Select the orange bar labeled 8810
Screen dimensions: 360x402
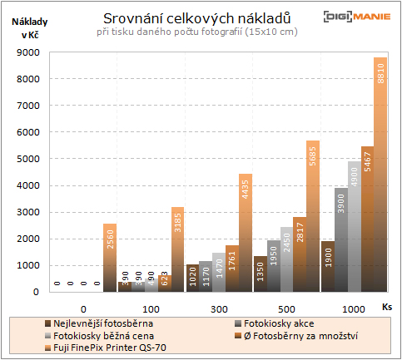pyautogui.click(x=380, y=175)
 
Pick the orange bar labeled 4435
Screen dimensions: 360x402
pyautogui.click(x=246, y=233)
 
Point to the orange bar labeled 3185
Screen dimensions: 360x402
pyautogui.click(x=178, y=249)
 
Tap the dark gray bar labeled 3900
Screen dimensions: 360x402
pyautogui.click(x=340, y=239)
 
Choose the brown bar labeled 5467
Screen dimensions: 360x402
pyautogui.click(x=366, y=219)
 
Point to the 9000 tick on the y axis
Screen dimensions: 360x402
pyautogui.click(x=28, y=52)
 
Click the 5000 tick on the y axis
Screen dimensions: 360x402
pyautogui.click(x=28, y=159)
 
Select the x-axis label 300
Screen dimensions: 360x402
pyautogui.click(x=219, y=308)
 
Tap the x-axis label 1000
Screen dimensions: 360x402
pyautogui.click(x=353, y=308)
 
